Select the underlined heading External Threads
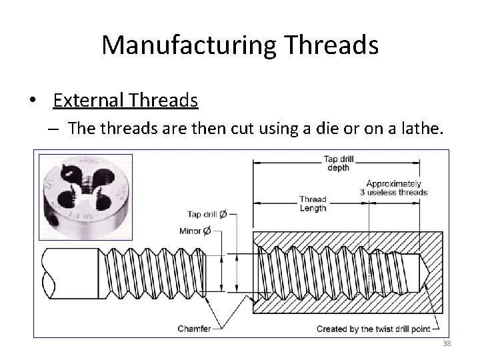click(x=125, y=101)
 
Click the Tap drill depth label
click(x=339, y=163)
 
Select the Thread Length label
click(x=313, y=203)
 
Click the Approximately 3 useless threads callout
click(x=393, y=188)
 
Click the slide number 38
click(x=447, y=344)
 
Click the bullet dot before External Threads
click(x=31, y=101)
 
